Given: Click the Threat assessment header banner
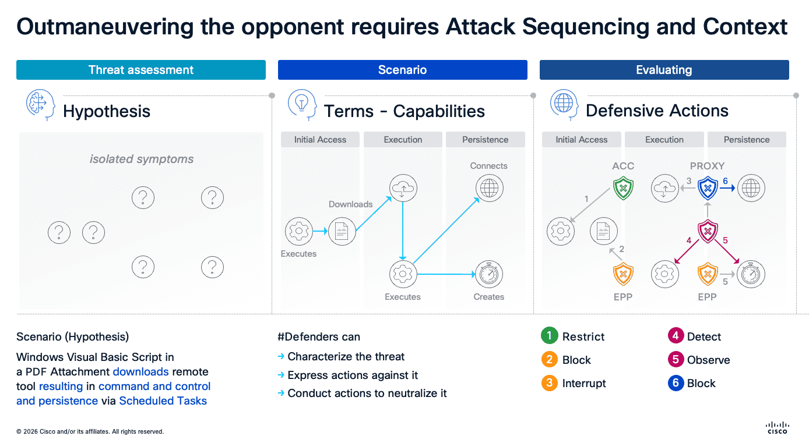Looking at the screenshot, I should [x=140, y=70].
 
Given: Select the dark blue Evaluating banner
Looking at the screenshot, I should [x=664, y=70].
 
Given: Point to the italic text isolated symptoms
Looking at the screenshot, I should [x=142, y=159].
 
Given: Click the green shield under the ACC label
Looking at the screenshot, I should [x=623, y=189].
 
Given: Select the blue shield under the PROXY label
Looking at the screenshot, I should [x=708, y=189].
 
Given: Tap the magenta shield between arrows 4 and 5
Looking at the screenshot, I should [x=708, y=231].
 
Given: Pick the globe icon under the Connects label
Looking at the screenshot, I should [x=489, y=188].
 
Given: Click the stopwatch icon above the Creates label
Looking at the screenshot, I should [x=489, y=274].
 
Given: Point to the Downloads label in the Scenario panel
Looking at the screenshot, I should [x=350, y=204].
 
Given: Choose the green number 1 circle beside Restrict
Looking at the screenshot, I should [x=549, y=336].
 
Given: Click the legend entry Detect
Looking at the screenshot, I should [x=704, y=336].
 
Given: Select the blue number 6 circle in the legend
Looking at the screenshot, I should [x=675, y=383].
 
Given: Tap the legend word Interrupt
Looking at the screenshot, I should [x=584, y=383].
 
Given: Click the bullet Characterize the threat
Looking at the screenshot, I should [x=346, y=357].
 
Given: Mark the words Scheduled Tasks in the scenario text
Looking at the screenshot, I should [x=163, y=401].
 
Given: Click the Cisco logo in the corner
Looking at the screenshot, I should [x=777, y=428].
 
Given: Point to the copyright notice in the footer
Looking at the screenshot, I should [x=90, y=432].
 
